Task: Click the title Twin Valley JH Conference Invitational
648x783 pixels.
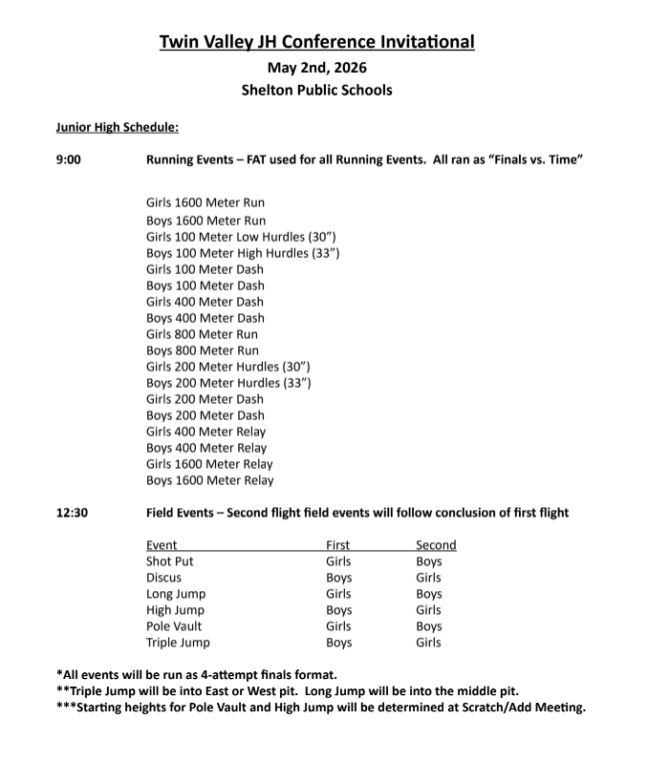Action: (316, 41)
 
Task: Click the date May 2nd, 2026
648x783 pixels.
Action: (316, 67)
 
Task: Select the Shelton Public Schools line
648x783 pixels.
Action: (316, 91)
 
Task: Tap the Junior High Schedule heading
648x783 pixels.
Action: (117, 127)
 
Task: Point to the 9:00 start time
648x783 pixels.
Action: (69, 159)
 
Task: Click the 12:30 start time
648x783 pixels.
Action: (72, 513)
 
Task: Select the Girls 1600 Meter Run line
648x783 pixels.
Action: (205, 202)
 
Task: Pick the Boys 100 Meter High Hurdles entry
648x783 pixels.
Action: (243, 253)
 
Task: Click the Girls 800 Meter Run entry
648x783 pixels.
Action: (202, 334)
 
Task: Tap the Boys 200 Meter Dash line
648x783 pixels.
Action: (205, 415)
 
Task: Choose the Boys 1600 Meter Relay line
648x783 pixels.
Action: (209, 480)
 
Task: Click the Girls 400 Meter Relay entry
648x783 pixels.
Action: (206, 432)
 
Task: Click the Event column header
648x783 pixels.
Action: (162, 545)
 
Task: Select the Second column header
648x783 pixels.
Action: (436, 545)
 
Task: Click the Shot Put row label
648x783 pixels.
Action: (170, 561)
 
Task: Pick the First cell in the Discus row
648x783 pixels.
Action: (338, 578)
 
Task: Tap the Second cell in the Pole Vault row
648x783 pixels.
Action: (429, 626)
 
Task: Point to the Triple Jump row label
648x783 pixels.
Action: (178, 643)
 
